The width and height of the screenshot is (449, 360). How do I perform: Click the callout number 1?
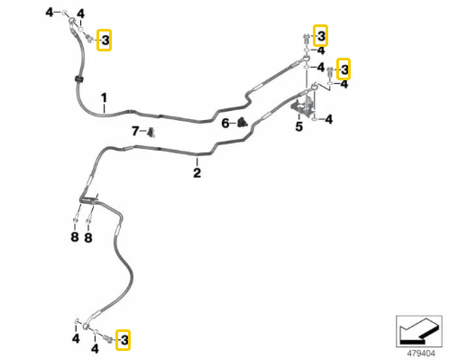(104, 97)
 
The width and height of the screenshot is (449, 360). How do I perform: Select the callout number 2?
(197, 172)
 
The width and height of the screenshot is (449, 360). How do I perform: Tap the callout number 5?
(298, 126)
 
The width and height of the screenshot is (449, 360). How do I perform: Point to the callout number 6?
(225, 124)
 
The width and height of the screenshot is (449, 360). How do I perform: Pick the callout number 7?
(135, 131)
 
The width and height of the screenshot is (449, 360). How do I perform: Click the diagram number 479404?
(421, 353)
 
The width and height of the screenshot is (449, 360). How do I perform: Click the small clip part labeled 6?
(242, 122)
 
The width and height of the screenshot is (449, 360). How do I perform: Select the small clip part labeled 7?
(151, 132)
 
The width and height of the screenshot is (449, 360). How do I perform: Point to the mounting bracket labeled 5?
(303, 106)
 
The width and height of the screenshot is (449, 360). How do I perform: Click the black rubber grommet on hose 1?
(78, 79)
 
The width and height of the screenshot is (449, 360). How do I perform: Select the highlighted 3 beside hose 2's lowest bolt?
(124, 340)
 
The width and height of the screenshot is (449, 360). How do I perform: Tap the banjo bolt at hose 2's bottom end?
(107, 338)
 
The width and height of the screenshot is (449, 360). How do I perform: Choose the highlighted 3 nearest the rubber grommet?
(105, 40)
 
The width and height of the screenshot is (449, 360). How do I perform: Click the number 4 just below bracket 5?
(329, 120)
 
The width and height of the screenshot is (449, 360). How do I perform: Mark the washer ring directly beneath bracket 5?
(314, 119)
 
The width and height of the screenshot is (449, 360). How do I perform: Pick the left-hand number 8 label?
(75, 237)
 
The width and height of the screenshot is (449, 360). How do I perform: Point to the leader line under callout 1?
(104, 108)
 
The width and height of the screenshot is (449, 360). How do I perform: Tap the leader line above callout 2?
(197, 162)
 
